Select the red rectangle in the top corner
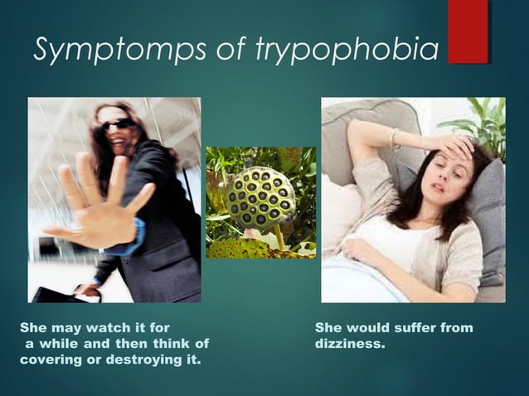[x=468, y=31]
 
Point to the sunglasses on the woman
[x=118, y=125]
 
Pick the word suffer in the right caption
[x=410, y=328]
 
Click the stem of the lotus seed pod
[x=278, y=238]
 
